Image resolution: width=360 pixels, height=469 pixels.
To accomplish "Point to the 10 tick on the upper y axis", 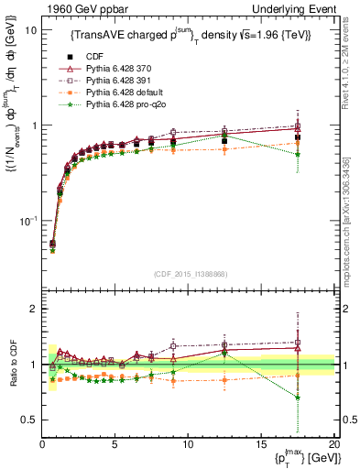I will tap(30, 30).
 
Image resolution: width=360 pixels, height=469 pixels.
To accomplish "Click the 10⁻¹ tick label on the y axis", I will tap(27, 221).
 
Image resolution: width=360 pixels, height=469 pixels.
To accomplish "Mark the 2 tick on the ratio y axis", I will tap(34, 309).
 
